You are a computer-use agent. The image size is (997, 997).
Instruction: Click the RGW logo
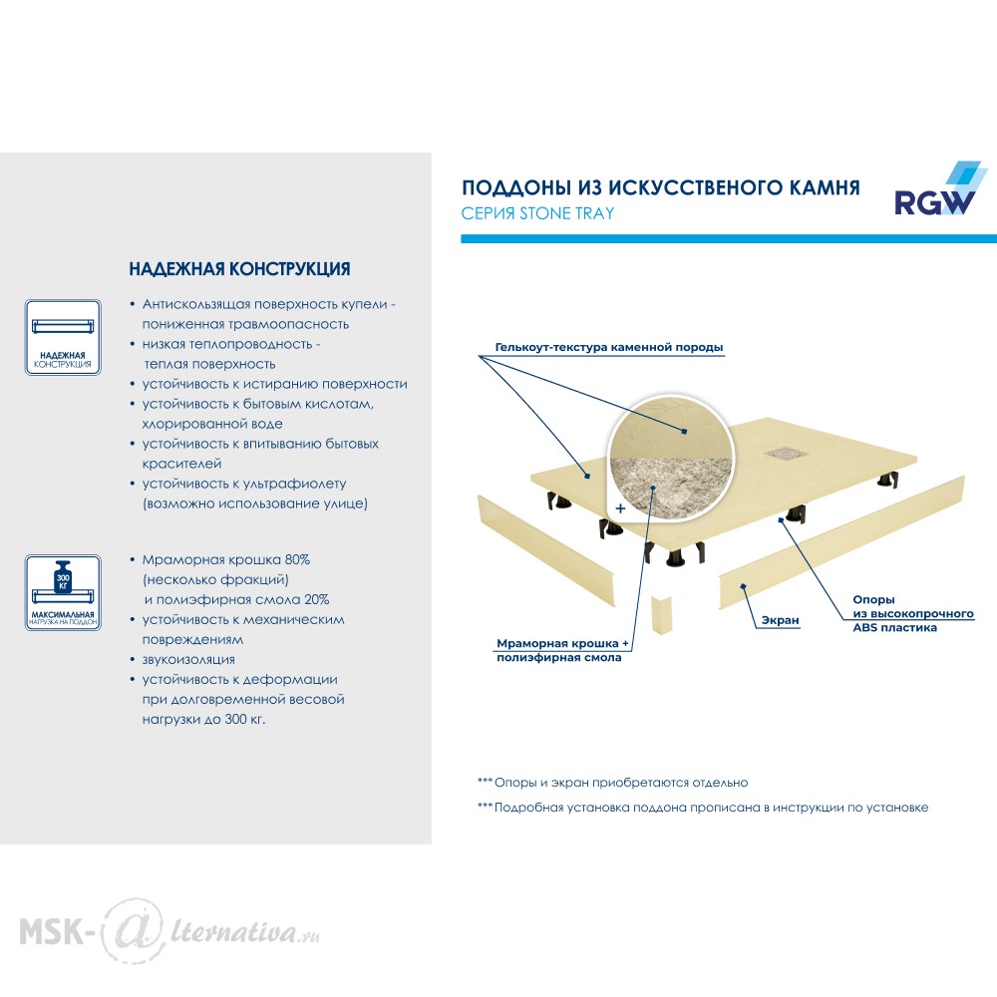pyautogui.click(x=940, y=189)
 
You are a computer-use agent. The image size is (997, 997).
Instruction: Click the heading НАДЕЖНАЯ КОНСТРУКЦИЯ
pyautogui.click(x=239, y=269)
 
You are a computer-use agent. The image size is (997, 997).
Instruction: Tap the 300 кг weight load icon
pyautogui.click(x=63, y=592)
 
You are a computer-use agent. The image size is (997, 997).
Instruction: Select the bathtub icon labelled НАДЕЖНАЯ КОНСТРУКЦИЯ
pyautogui.click(x=63, y=337)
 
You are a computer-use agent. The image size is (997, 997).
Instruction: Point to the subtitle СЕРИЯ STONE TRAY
pyautogui.click(x=538, y=213)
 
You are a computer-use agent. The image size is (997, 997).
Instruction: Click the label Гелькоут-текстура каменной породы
pyautogui.click(x=609, y=347)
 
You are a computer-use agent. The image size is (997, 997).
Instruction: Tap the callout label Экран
pyautogui.click(x=781, y=620)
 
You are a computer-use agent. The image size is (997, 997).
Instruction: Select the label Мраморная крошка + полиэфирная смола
pyautogui.click(x=562, y=650)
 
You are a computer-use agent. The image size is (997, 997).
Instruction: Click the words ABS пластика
pyautogui.click(x=894, y=627)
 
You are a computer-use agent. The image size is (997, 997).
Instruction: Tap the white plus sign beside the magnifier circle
pyautogui.click(x=620, y=508)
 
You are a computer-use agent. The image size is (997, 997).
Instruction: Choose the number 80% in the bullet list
pyautogui.click(x=297, y=559)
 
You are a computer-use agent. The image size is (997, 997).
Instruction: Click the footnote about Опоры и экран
pyautogui.click(x=613, y=783)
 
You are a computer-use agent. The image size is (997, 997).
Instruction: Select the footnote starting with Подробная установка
pyautogui.click(x=703, y=808)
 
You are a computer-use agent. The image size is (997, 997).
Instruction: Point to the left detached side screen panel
pyautogui.click(x=546, y=550)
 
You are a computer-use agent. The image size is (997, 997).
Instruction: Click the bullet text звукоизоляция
pyautogui.click(x=188, y=659)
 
